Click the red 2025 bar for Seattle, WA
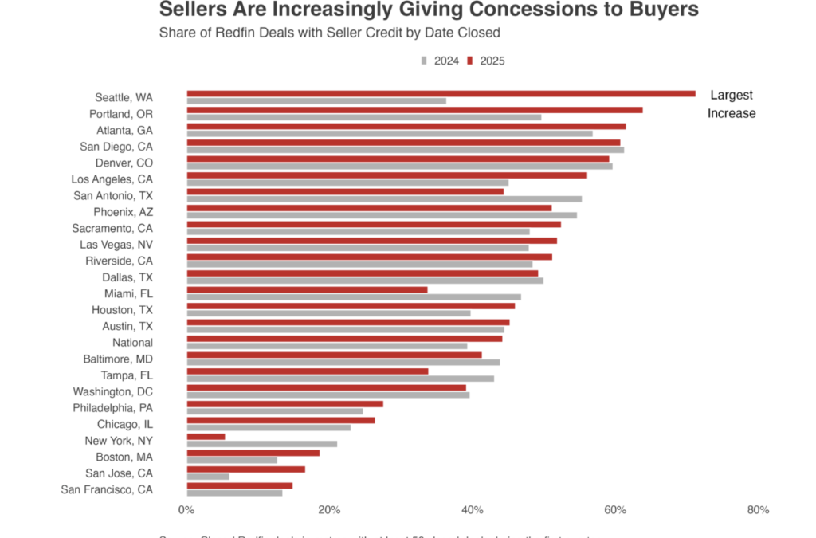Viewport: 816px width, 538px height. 441,93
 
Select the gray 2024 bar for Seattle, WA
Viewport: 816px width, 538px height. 316,101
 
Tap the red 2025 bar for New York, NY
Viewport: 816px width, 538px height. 206,436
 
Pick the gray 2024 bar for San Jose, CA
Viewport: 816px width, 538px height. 208,477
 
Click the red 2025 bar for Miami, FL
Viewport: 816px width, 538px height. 307,289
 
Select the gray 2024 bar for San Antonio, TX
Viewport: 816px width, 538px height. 384,199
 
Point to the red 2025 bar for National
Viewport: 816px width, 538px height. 344,338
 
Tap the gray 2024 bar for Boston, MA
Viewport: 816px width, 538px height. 232,460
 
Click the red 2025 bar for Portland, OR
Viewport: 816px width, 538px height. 414,109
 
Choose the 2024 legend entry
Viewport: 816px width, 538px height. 440,61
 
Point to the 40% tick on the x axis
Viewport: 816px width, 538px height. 472,510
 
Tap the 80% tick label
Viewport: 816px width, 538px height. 758,510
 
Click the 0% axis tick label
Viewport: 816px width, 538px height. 186,510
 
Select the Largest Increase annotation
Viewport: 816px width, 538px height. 732,104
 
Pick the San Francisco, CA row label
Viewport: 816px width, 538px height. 107,489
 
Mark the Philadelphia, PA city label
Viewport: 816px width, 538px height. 112,407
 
